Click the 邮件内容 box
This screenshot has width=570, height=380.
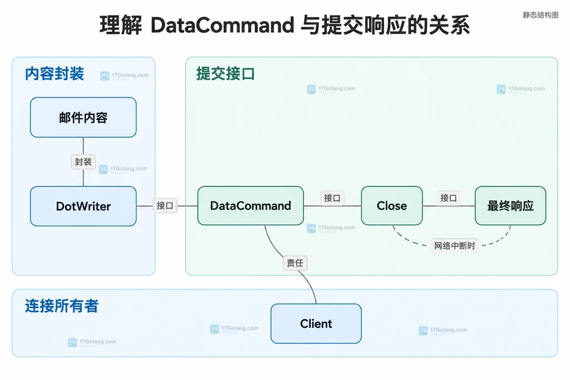point(83,117)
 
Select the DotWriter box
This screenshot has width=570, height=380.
point(83,206)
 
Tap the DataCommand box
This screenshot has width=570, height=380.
point(250,206)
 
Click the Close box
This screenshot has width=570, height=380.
point(392,206)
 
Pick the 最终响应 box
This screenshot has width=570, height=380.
point(510,206)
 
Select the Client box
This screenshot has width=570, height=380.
point(316,323)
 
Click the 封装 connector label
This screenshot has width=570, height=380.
point(83,162)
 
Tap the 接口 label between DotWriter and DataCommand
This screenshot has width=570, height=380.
point(165,206)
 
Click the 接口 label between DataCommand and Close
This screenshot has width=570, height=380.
point(332,198)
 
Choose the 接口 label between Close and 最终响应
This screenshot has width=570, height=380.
point(449,198)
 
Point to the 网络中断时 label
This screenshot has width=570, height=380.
point(455,245)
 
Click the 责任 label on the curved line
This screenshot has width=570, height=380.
point(295,263)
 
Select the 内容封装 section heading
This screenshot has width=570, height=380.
point(55,74)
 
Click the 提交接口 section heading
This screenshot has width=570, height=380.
point(225,74)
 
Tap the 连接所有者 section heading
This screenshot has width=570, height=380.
point(62,306)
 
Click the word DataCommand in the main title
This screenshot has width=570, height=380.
point(222,25)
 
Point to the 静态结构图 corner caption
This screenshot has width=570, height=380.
point(540,15)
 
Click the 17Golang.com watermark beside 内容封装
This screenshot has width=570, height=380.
point(125,76)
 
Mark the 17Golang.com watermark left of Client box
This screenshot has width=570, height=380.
point(234,329)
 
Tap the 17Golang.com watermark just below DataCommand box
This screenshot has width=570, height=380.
point(331,228)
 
